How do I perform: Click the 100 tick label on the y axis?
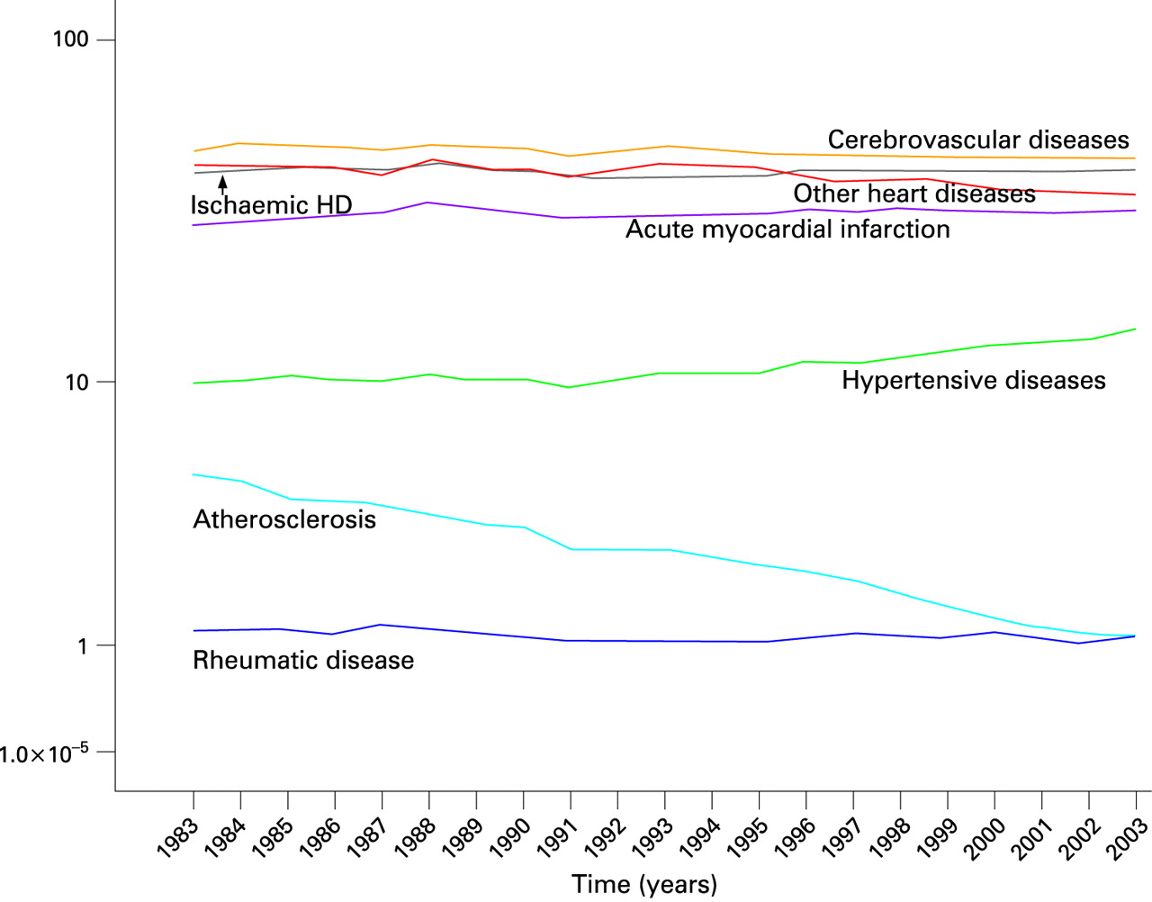[71, 40]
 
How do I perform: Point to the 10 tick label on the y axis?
[77, 383]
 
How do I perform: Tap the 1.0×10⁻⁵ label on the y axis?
[44, 753]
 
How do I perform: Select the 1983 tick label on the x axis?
[178, 839]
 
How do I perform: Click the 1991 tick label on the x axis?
[555, 839]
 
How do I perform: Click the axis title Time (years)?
[644, 884]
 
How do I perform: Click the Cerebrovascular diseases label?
[978, 140]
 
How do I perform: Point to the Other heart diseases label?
[914, 194]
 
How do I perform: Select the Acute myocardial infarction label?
[787, 230]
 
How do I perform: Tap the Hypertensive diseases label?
[974, 381]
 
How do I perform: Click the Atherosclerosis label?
[284, 519]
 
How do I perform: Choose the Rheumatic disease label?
[303, 661]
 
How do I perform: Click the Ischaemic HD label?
[271, 205]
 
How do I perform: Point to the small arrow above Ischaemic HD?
[222, 185]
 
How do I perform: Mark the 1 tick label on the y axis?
[83, 646]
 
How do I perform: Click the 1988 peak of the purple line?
[429, 203]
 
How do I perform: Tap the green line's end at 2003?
[1135, 329]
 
